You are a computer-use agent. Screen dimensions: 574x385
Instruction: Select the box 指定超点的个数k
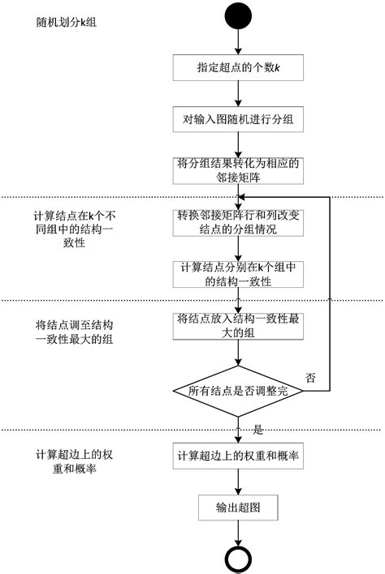click(x=238, y=67)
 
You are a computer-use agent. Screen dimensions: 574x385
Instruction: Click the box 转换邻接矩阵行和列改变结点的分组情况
click(x=238, y=222)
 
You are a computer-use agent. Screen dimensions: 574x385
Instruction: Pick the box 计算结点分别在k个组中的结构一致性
click(x=238, y=273)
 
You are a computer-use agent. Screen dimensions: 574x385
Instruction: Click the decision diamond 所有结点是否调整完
click(x=238, y=391)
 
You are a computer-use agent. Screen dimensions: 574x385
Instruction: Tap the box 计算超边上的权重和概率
click(x=238, y=456)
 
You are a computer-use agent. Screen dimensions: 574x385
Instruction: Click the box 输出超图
click(x=238, y=508)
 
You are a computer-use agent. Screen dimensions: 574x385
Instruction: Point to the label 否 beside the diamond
click(x=309, y=378)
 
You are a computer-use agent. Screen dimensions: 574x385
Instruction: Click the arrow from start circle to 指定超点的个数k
click(x=237, y=41)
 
